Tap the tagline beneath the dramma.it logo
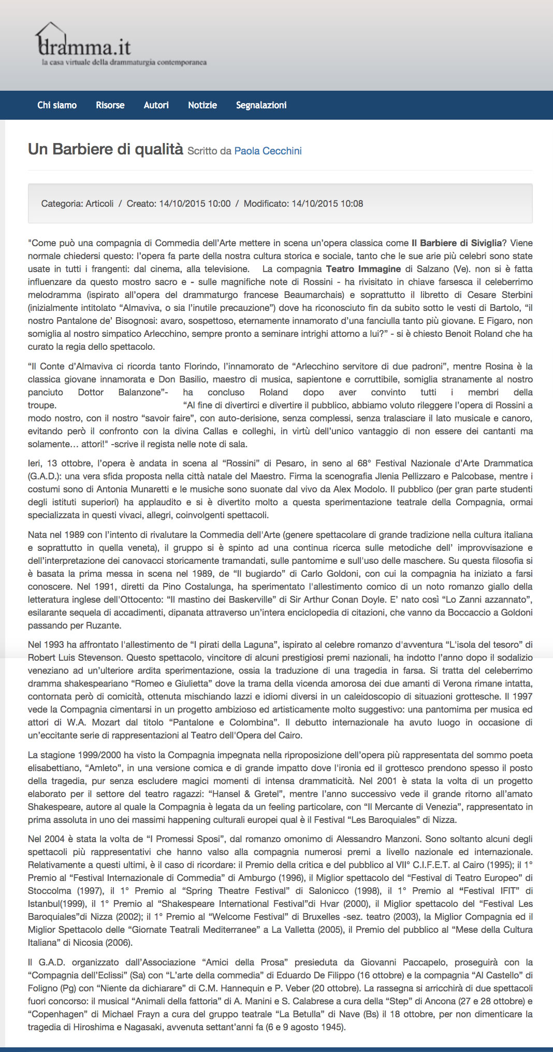(124, 63)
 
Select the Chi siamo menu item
(57, 105)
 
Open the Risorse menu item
(110, 105)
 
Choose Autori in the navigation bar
(156, 105)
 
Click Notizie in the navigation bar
(202, 105)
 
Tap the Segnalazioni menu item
(261, 105)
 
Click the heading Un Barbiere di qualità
(106, 149)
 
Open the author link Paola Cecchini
(268, 151)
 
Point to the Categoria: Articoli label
(77, 204)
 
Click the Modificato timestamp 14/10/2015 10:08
(327, 204)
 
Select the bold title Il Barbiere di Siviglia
(456, 243)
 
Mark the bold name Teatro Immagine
(363, 269)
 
